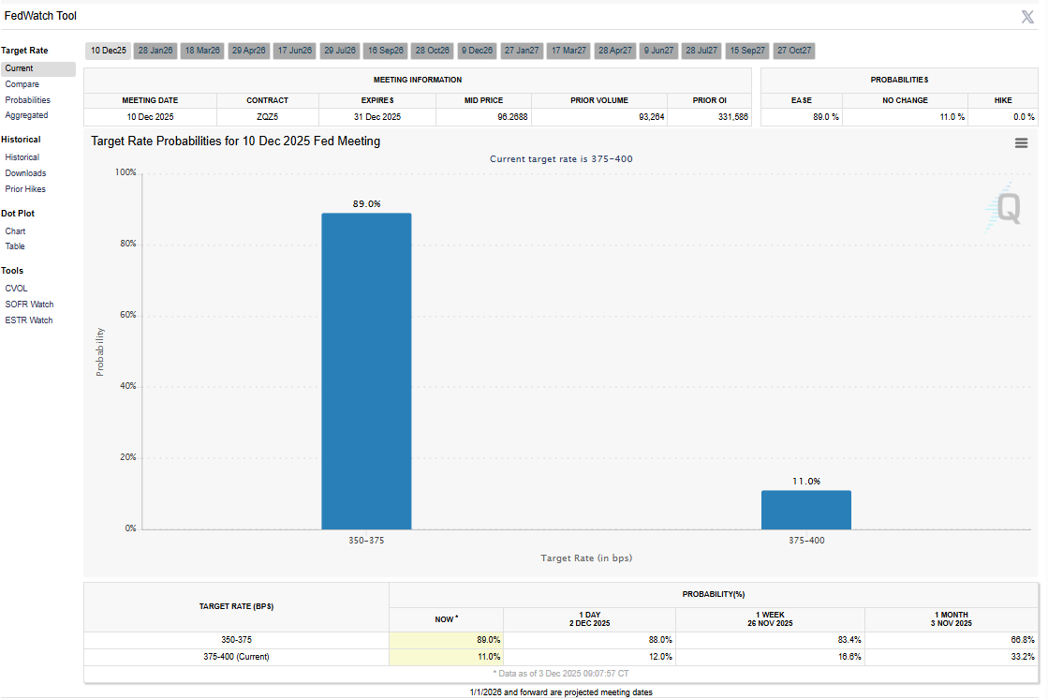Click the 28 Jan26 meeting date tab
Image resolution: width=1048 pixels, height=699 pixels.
click(x=155, y=50)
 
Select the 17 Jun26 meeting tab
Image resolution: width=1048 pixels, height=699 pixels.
click(x=294, y=50)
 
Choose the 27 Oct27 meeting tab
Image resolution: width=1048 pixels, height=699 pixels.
click(x=794, y=50)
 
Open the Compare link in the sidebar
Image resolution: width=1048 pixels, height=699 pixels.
click(x=22, y=84)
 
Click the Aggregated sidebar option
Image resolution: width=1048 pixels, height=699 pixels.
click(x=26, y=115)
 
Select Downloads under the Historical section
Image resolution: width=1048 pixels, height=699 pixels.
click(x=25, y=173)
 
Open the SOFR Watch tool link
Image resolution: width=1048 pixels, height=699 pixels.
click(x=29, y=305)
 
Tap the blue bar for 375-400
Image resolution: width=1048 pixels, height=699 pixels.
click(x=805, y=510)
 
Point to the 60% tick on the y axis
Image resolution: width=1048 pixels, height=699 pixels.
click(x=125, y=315)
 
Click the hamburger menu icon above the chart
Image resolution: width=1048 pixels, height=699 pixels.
click(x=1021, y=142)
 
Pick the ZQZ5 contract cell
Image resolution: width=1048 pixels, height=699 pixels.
click(x=267, y=117)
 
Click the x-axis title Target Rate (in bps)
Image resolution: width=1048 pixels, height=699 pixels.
click(x=585, y=558)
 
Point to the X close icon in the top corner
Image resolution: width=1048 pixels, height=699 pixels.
click(x=1026, y=16)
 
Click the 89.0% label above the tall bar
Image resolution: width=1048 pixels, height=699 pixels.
click(x=366, y=203)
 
